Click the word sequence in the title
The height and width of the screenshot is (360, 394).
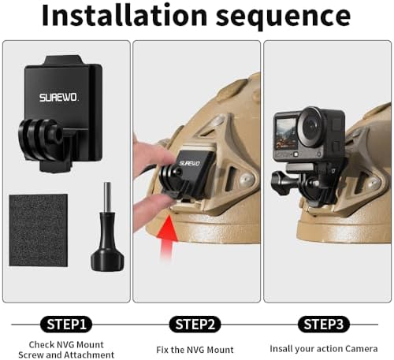(x=284, y=17)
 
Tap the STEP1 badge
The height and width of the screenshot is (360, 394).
(x=66, y=325)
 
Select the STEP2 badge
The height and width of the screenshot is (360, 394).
(x=195, y=325)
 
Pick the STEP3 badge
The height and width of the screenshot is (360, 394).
(x=324, y=325)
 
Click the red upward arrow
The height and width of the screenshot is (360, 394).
(x=167, y=236)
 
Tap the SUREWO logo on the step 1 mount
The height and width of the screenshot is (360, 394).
(x=59, y=98)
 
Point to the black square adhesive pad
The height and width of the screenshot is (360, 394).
(x=39, y=230)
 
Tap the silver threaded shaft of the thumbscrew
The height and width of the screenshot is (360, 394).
(x=107, y=198)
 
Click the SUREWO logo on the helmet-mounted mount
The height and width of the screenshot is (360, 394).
(x=190, y=163)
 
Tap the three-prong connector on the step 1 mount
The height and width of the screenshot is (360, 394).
(x=40, y=139)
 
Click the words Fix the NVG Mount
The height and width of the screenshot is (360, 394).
(x=195, y=350)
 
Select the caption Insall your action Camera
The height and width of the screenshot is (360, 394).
(x=324, y=349)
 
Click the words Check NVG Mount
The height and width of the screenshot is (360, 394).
(x=66, y=344)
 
